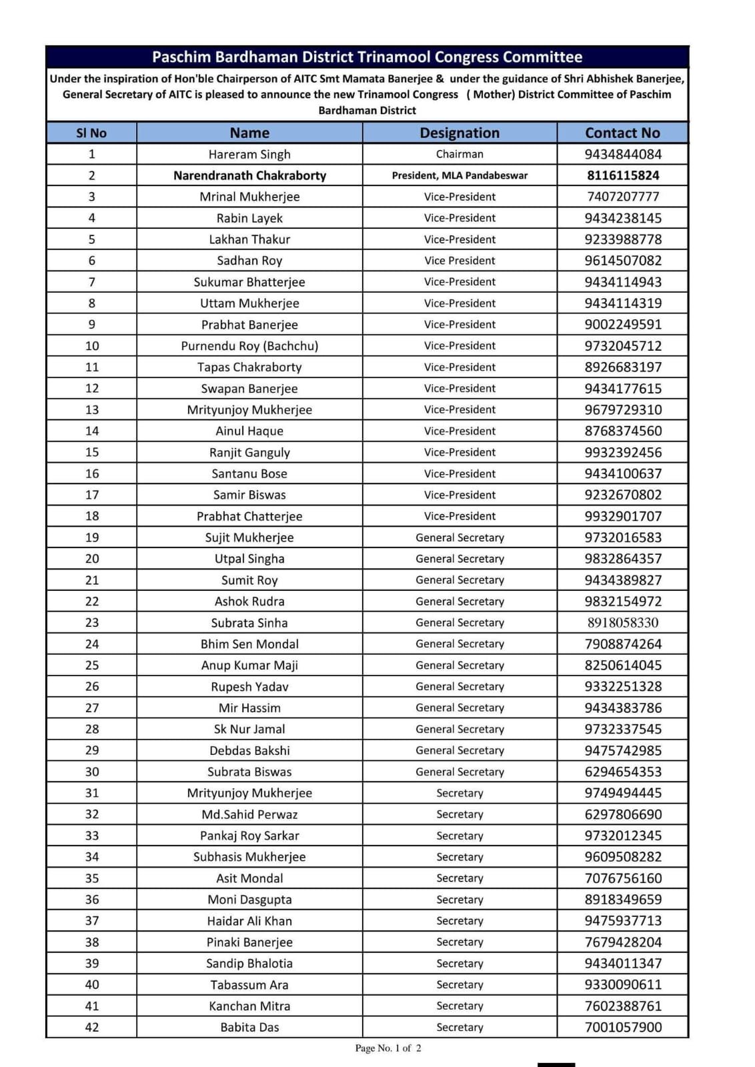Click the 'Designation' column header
[x=460, y=133]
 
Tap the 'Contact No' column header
[x=622, y=133]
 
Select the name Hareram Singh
[x=249, y=154]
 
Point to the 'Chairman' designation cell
[x=460, y=154]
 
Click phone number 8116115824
[x=623, y=175]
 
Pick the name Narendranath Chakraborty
[x=249, y=175]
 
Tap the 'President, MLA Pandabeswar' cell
[x=460, y=175]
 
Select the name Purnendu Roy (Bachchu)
[x=249, y=345]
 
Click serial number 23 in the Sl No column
[x=92, y=622]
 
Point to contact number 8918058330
[x=623, y=622]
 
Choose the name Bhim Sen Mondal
[x=249, y=644]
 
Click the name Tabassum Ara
[x=249, y=984]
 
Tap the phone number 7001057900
[x=623, y=1027]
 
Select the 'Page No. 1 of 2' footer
[x=388, y=1048]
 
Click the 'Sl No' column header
[x=91, y=133]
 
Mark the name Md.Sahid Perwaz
[x=249, y=814]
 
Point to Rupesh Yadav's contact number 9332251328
[x=623, y=686]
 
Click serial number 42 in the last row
[x=92, y=1027]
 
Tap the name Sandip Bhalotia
[x=249, y=963]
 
